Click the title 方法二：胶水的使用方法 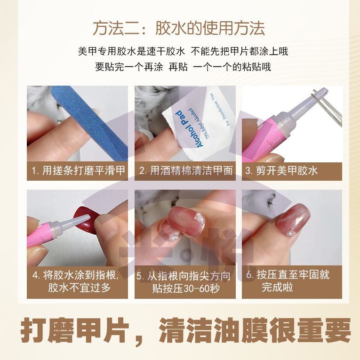coord(179,29)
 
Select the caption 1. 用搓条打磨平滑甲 coord(78,171)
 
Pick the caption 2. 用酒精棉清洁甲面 coord(186,171)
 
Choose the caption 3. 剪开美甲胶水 coord(281,171)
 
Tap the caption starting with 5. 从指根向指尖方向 coord(184,282)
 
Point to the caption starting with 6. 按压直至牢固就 coord(288,281)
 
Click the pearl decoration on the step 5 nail coord(197,216)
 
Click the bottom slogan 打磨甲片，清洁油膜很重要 coord(185,331)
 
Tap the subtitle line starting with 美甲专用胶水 coord(183,51)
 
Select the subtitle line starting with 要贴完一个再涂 coord(183,67)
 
